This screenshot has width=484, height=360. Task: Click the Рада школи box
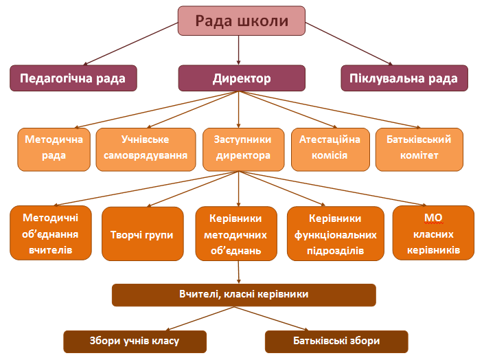coord(241,21)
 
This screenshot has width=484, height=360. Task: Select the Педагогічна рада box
coord(73,78)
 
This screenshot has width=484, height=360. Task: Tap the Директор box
coord(242,78)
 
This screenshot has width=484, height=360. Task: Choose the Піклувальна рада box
coord(404,78)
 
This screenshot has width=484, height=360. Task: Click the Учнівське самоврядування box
coord(145,148)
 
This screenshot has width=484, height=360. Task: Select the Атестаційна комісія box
coord(329,148)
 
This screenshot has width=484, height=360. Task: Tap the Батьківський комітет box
coord(419,148)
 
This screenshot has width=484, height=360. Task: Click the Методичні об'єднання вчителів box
coord(51,234)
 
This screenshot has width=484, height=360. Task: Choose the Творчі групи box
coord(142,234)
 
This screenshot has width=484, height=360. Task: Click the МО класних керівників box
coord(433,234)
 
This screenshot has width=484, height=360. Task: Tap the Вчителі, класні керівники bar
coord(244,294)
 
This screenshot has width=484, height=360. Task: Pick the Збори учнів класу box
coord(135,341)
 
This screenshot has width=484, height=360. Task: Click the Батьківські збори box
coord(336,341)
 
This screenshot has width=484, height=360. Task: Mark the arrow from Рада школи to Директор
coord(238,49)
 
